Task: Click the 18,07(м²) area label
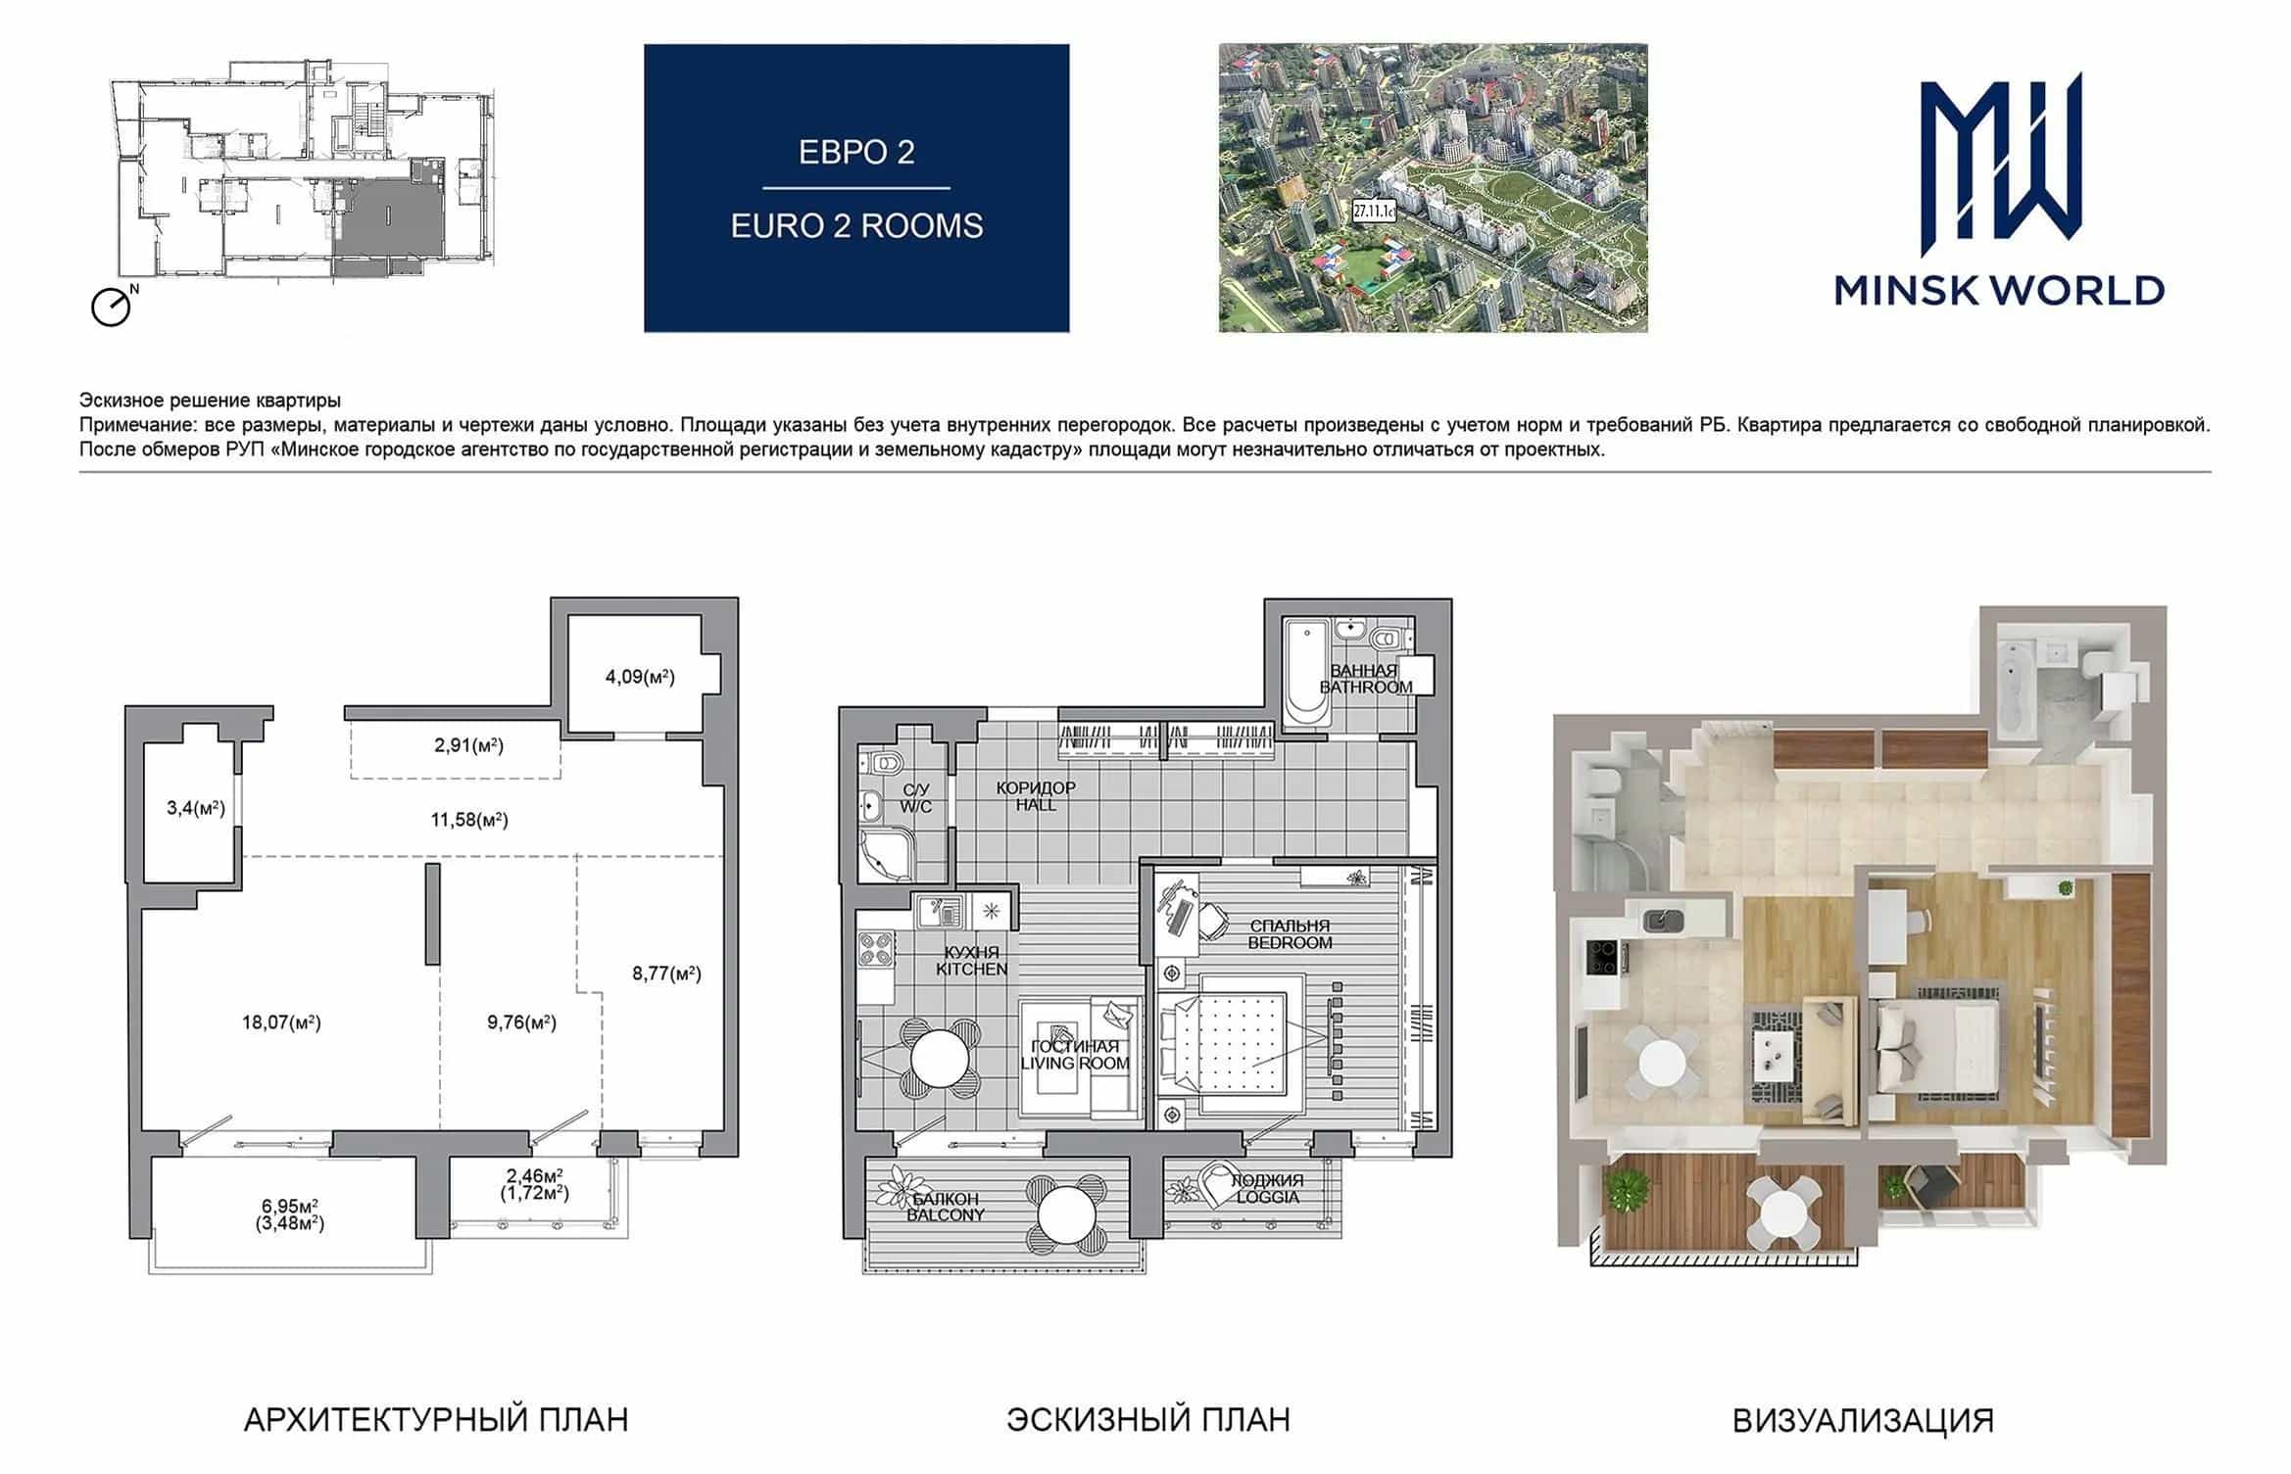point(281,1022)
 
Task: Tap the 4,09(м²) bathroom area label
point(640,677)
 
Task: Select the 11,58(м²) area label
point(469,820)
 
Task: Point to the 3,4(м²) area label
point(196,808)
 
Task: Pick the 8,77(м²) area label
point(666,974)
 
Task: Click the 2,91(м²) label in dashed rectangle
point(468,745)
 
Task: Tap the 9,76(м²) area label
point(521,1022)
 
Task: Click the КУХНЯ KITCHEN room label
point(971,961)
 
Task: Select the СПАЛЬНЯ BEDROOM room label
point(1290,934)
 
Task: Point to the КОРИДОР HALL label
point(1036,796)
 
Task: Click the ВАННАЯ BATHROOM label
point(1365,679)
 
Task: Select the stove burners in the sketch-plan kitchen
point(876,949)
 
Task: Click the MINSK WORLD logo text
point(1999,290)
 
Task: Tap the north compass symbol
point(112,307)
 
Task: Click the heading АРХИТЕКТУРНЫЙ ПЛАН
point(436,1420)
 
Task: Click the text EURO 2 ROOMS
point(856,226)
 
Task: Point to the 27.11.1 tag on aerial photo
point(1374,210)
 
